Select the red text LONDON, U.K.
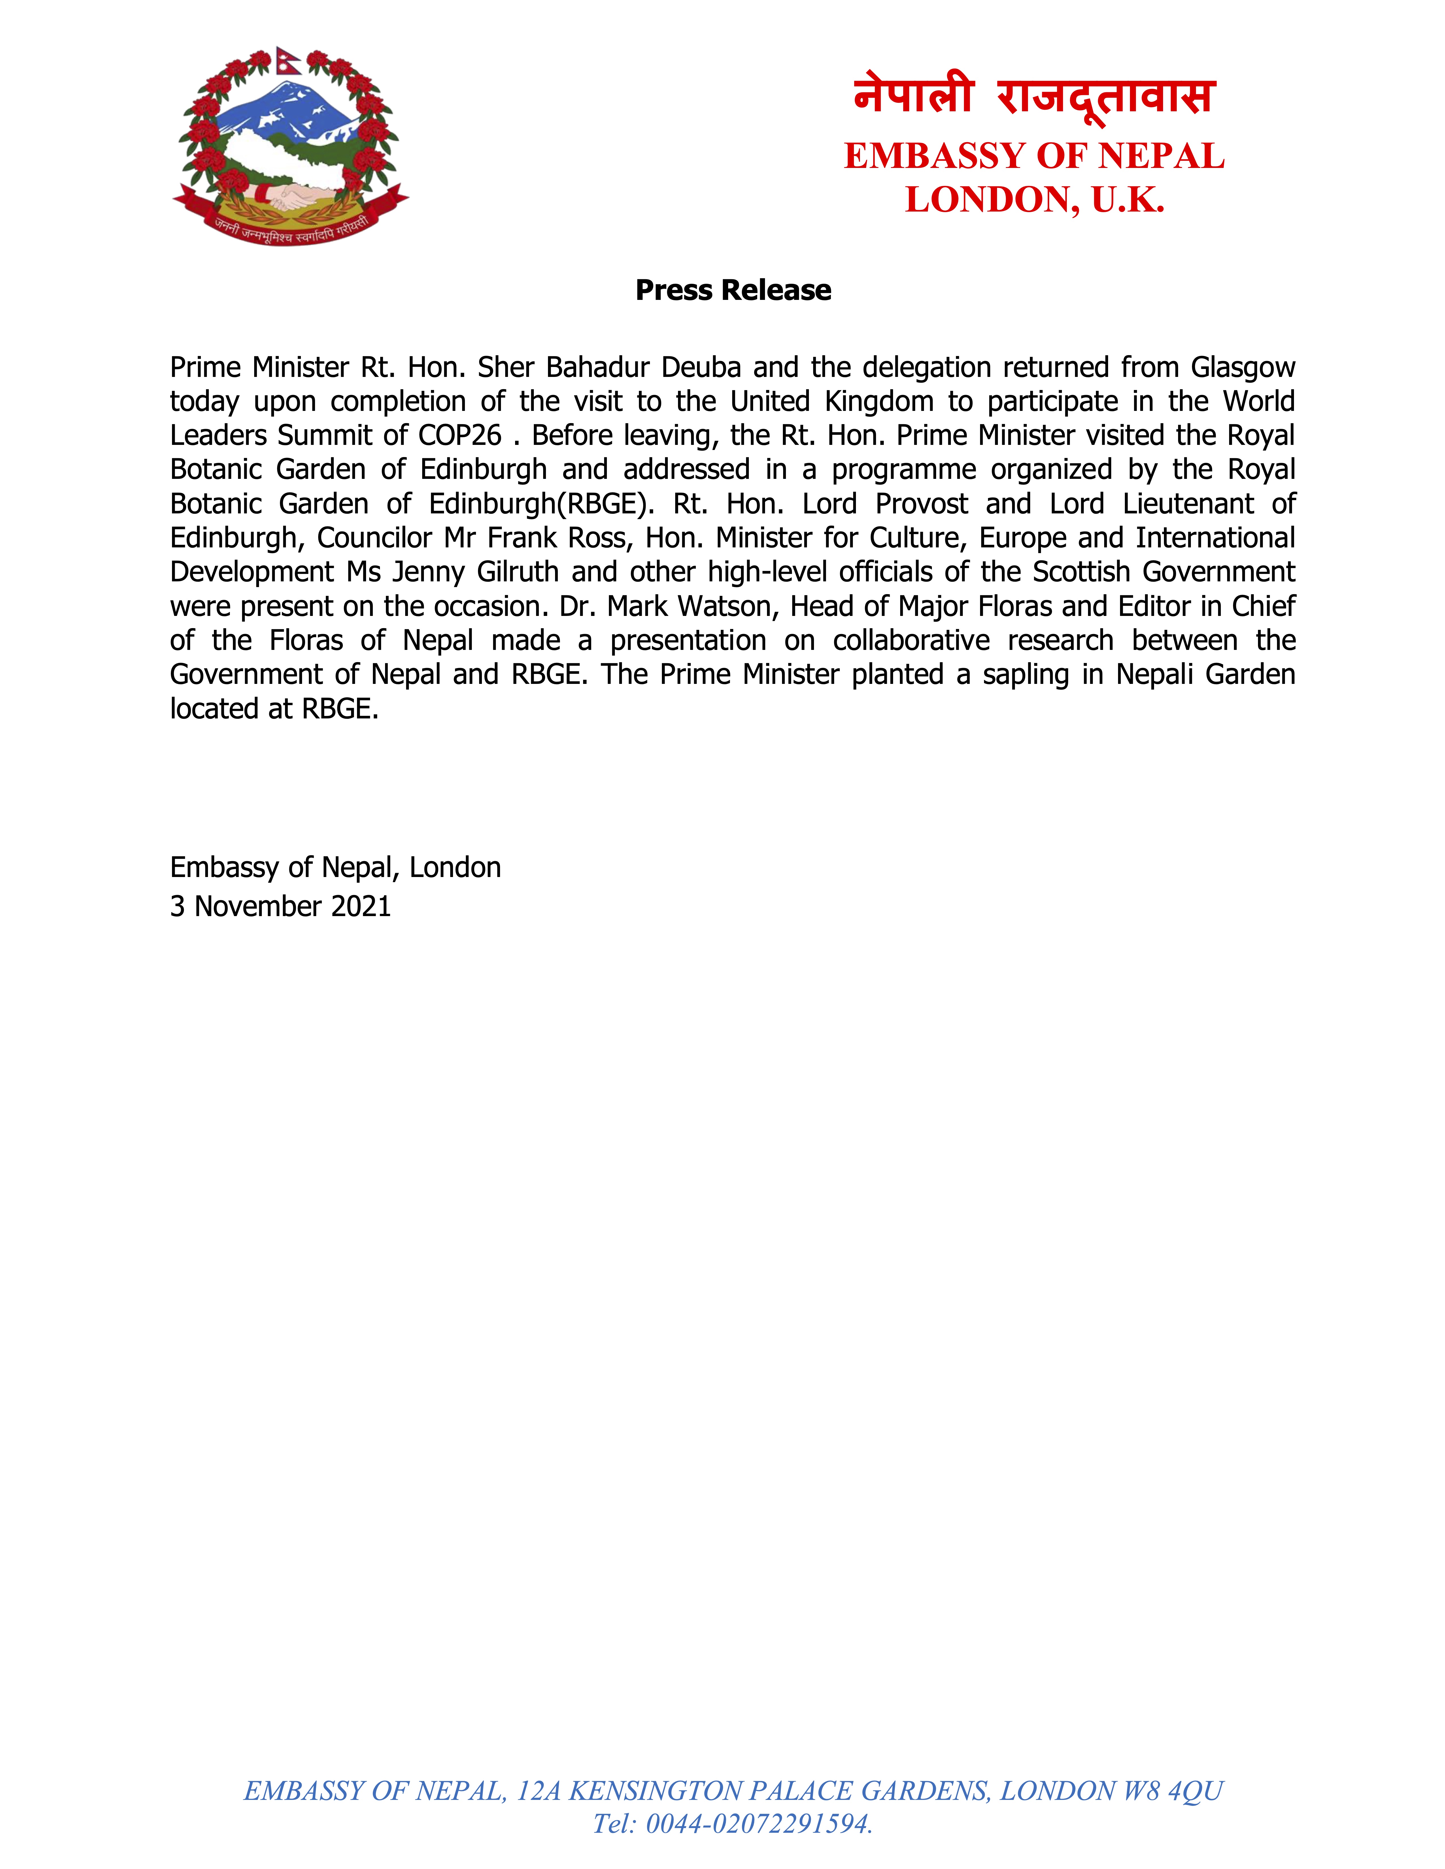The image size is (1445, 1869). click(x=1034, y=200)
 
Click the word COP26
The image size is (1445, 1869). click(x=460, y=436)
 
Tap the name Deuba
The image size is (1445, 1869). click(x=701, y=367)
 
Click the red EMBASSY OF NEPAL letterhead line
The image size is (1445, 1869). click(x=1034, y=156)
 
